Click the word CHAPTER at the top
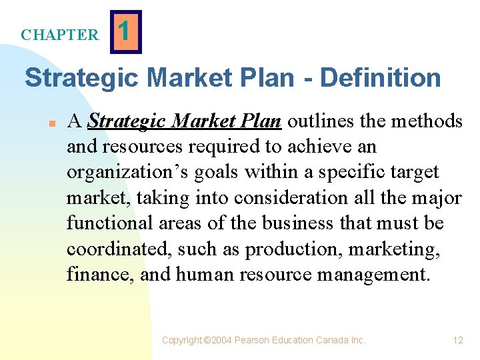tap(59, 35)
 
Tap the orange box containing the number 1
tap(127, 31)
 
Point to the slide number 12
tap(458, 340)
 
